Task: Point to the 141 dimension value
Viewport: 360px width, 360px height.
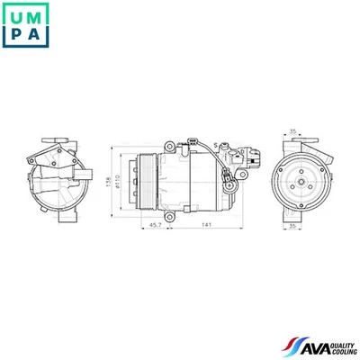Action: [x=207, y=224]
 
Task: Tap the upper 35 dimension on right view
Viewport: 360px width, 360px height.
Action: [x=293, y=133]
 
